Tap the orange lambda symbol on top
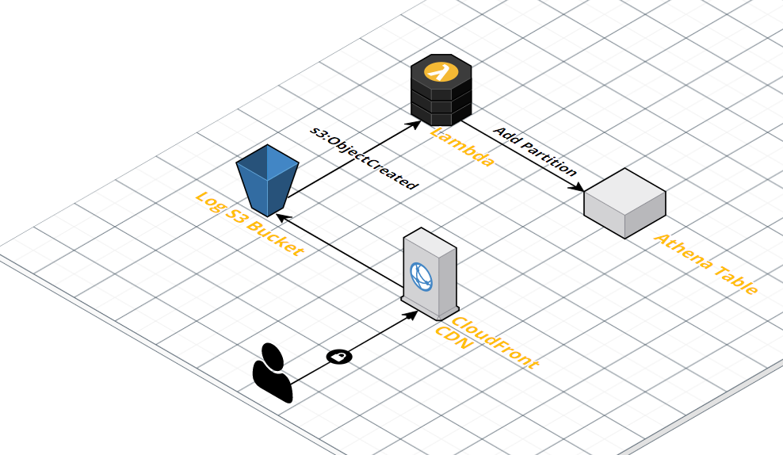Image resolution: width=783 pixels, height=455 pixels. (x=439, y=71)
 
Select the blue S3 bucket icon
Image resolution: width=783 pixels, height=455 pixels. (x=267, y=180)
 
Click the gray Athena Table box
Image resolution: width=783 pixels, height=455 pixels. (x=624, y=204)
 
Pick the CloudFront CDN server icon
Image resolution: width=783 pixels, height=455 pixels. (x=430, y=270)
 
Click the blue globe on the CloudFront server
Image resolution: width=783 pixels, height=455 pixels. (x=420, y=274)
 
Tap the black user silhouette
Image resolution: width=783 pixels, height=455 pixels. (x=272, y=373)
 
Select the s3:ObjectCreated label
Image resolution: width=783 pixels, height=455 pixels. (x=362, y=158)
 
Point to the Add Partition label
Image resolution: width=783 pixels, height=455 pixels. (x=535, y=151)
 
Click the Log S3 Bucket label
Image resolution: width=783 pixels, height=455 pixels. (x=249, y=224)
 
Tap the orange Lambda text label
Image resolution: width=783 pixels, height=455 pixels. (x=463, y=146)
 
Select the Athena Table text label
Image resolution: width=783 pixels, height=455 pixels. (x=705, y=264)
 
